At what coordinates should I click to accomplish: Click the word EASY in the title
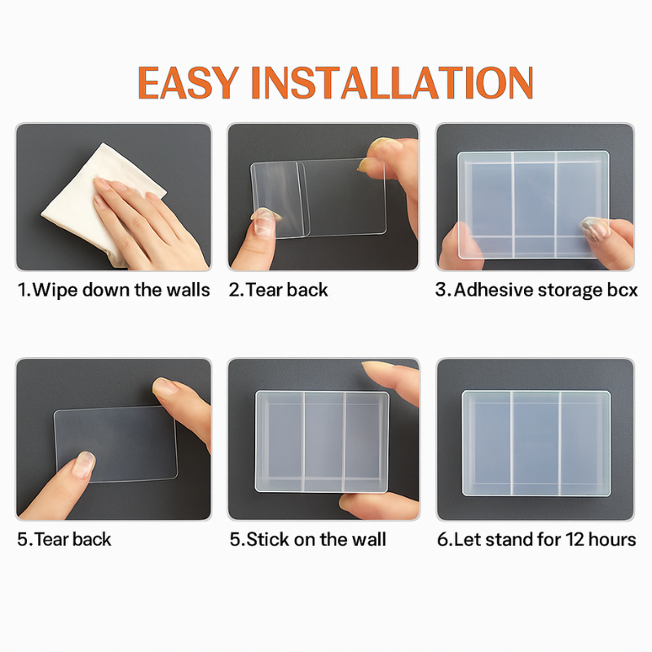click(x=188, y=83)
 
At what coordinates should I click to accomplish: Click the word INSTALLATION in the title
click(x=392, y=83)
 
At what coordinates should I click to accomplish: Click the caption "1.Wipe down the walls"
click(x=113, y=290)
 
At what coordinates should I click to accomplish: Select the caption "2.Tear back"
click(x=278, y=290)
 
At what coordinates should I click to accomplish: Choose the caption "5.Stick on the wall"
click(x=308, y=540)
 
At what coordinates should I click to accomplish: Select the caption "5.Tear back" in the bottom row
click(x=64, y=540)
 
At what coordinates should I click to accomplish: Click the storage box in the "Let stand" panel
click(x=536, y=443)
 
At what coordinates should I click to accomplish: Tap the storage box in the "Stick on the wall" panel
click(x=322, y=442)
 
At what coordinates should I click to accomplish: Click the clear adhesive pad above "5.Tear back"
click(x=115, y=444)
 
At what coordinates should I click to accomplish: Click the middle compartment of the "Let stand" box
click(x=535, y=443)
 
